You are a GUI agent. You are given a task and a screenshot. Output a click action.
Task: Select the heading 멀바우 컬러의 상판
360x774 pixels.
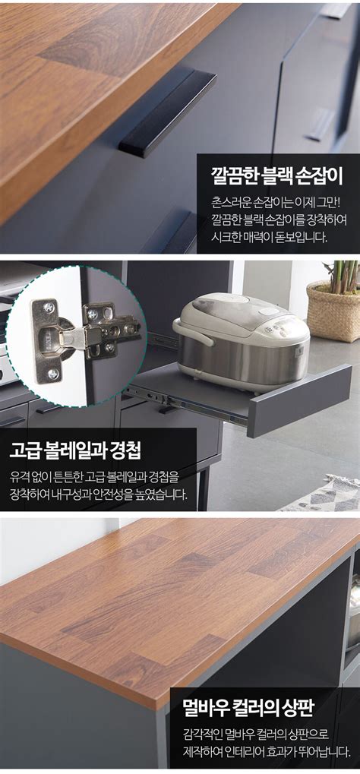259,710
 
